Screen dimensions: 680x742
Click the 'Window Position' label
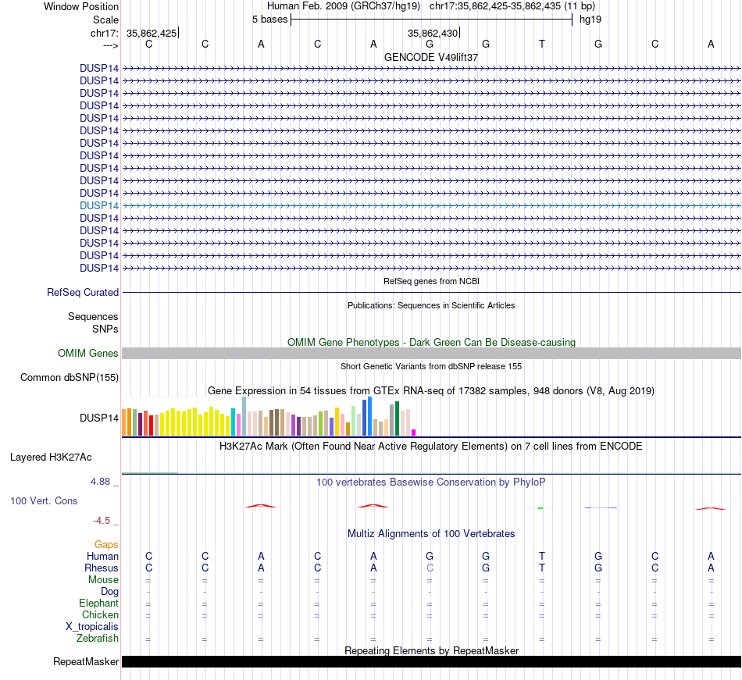click(x=81, y=6)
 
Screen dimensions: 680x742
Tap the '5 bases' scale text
click(x=269, y=19)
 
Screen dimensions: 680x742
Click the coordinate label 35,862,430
click(x=433, y=33)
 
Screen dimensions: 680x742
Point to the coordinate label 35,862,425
click(x=152, y=33)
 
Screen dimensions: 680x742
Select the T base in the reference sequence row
click(x=542, y=44)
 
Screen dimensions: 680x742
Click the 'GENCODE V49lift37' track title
click(x=431, y=57)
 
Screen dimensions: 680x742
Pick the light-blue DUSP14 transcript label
click(x=99, y=205)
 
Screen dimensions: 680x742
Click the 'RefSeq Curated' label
click(x=83, y=292)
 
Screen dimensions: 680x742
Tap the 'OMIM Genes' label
click(x=88, y=354)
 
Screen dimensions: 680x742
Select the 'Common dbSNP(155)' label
click(x=70, y=378)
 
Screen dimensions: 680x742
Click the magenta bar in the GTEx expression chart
click(x=414, y=432)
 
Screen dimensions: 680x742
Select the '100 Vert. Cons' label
click(x=44, y=500)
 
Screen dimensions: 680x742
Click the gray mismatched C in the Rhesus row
click(x=430, y=568)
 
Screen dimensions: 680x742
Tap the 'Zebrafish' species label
click(x=98, y=639)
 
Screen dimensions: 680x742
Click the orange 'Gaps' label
click(x=106, y=544)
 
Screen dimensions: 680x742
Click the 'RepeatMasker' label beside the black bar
click(x=86, y=662)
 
